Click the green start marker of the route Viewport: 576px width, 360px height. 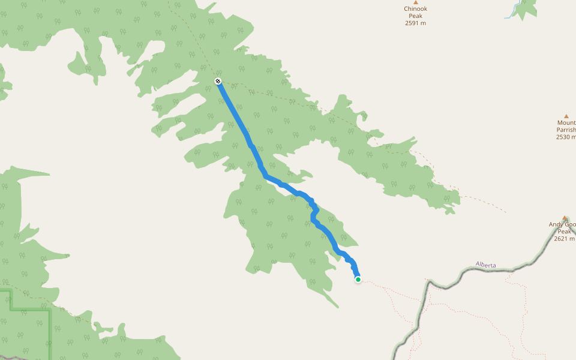(x=358, y=280)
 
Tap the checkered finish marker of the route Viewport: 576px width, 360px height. (x=218, y=81)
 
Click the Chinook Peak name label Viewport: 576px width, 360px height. (x=415, y=12)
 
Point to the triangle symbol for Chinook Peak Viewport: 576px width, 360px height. (x=415, y=2)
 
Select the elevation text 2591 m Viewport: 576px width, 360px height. (x=415, y=23)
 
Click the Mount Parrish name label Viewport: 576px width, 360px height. (x=566, y=126)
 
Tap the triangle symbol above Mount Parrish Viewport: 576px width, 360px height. (x=566, y=116)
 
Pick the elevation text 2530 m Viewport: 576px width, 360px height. (x=566, y=137)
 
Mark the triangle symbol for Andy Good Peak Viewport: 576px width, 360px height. (x=565, y=218)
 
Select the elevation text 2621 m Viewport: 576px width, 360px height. (x=564, y=239)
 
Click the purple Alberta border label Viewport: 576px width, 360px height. (x=486, y=265)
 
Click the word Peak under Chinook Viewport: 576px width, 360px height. (x=415, y=16)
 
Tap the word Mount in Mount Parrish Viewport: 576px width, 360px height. (x=566, y=122)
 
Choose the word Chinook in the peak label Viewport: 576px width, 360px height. (x=415, y=8)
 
